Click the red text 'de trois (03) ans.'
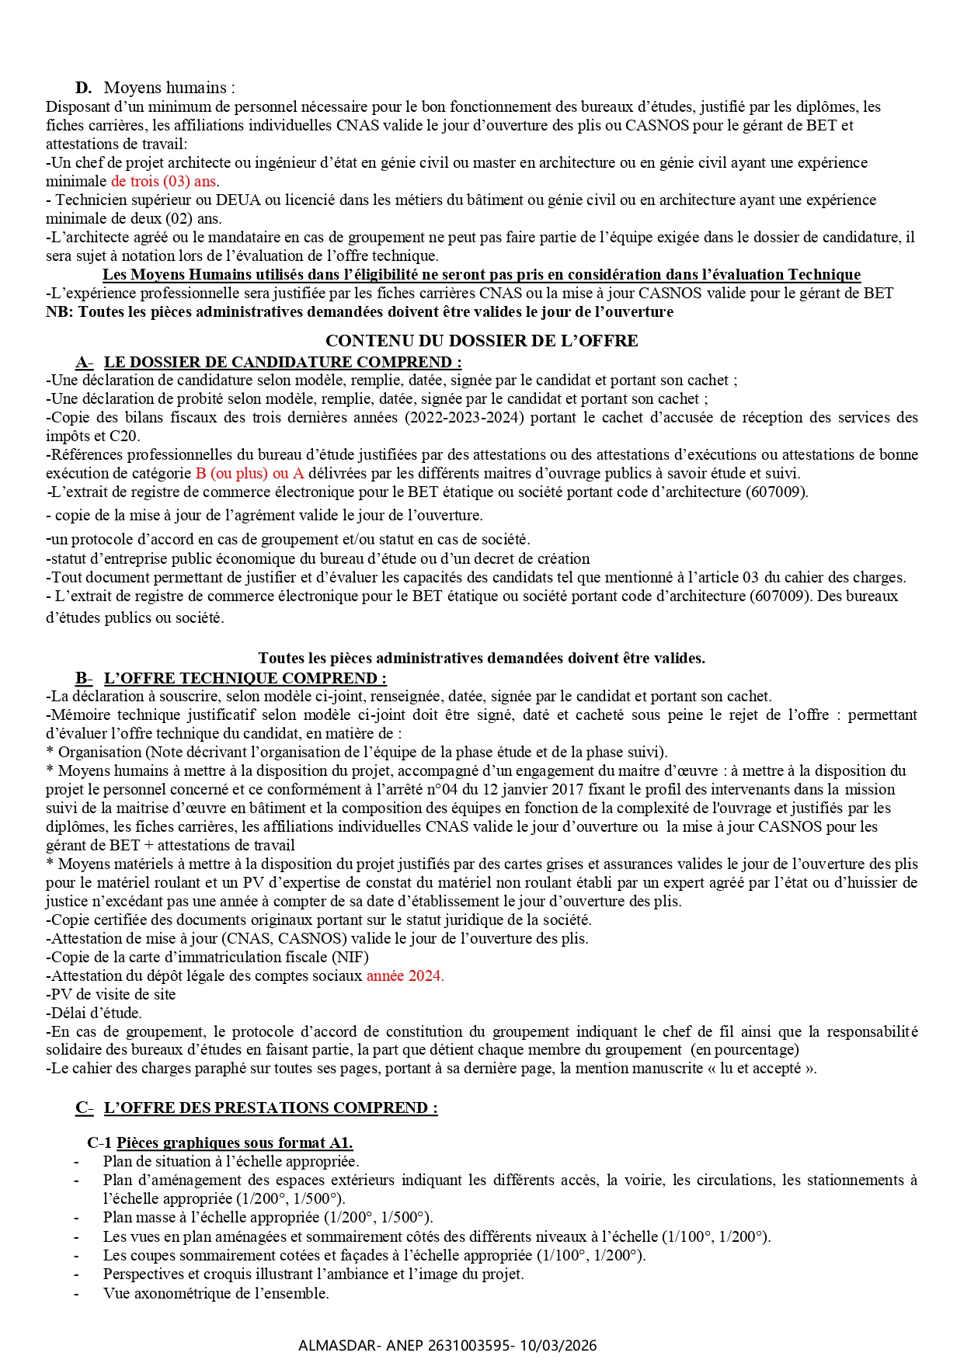[165, 182]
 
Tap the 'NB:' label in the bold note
[59, 312]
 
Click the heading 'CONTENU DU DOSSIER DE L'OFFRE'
[482, 341]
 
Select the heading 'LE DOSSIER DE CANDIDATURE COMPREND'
[283, 363]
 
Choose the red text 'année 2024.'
[405, 976]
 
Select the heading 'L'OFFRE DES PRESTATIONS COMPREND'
[270, 1108]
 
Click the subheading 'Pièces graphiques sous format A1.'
[235, 1143]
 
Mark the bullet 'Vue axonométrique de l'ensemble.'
[216, 1294]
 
